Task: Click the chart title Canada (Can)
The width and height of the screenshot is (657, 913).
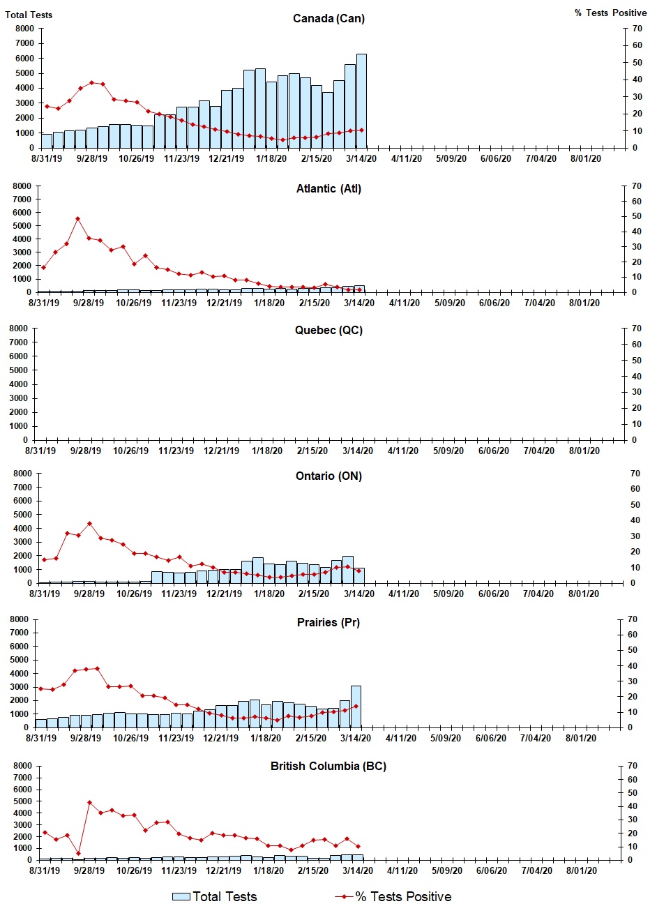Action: [x=328, y=18]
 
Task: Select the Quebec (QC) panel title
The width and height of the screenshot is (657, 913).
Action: [x=328, y=330]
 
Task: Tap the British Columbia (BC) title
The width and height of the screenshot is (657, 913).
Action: [x=328, y=766]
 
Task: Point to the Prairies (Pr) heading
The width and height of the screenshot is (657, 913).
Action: [x=328, y=622]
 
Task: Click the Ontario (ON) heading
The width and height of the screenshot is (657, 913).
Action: [x=328, y=476]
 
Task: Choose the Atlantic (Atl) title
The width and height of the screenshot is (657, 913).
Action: [x=328, y=188]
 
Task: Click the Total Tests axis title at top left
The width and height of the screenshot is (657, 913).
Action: [x=29, y=15]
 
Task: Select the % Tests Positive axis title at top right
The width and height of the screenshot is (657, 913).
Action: [x=610, y=13]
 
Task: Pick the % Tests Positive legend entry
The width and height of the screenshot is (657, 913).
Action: [x=393, y=897]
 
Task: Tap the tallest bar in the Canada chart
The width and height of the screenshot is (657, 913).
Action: [x=361, y=101]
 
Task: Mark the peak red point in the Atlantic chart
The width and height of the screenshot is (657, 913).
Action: [x=77, y=219]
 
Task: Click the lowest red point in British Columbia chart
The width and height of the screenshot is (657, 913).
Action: [x=78, y=853]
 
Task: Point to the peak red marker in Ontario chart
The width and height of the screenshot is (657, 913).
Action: [x=89, y=524]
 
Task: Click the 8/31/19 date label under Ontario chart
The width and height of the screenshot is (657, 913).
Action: [x=44, y=594]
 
